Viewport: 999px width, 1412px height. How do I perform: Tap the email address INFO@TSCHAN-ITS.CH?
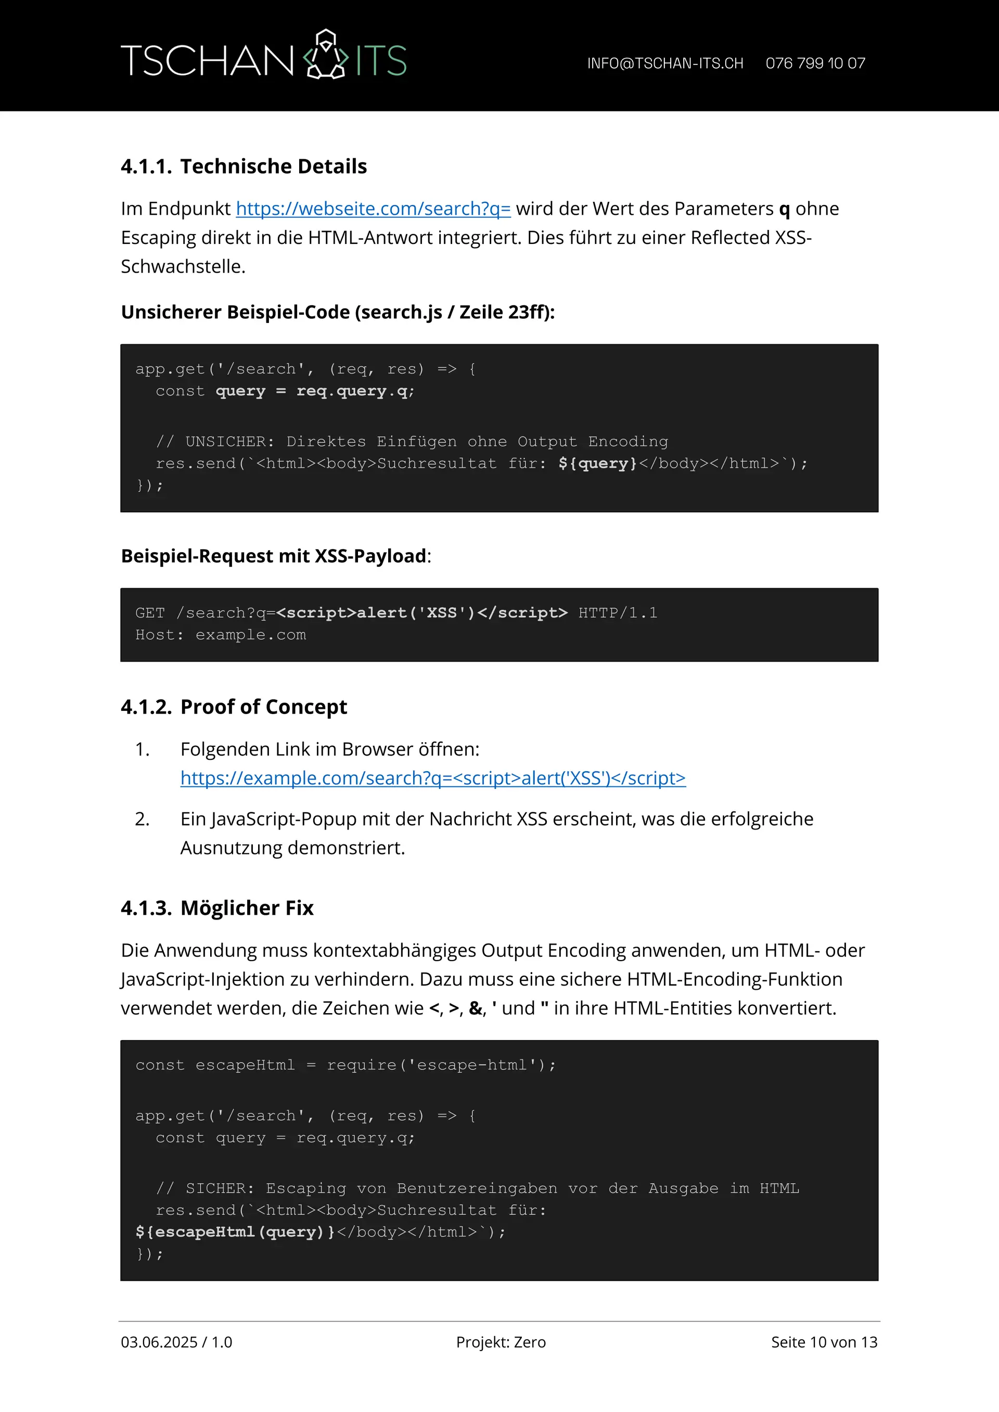(x=664, y=63)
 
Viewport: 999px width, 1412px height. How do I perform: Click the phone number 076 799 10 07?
(x=815, y=63)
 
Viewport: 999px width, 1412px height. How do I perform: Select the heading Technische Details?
(x=273, y=166)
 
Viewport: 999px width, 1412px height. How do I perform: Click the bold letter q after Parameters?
(x=784, y=210)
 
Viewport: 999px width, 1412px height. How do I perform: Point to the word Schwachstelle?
(x=182, y=267)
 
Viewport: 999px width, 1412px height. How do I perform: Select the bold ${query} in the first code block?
(x=597, y=464)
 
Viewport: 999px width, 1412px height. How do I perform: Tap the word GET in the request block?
(x=150, y=613)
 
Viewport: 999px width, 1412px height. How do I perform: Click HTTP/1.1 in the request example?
(x=618, y=613)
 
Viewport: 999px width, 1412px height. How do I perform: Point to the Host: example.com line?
(x=220, y=634)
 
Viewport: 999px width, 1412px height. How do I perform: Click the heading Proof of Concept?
(x=263, y=707)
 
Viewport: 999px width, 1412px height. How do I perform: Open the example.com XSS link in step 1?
(x=432, y=778)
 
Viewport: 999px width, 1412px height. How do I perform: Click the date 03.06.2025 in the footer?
(x=159, y=1342)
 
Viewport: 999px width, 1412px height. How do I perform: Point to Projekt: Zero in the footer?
(x=501, y=1342)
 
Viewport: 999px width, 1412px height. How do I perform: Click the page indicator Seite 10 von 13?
(x=824, y=1342)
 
